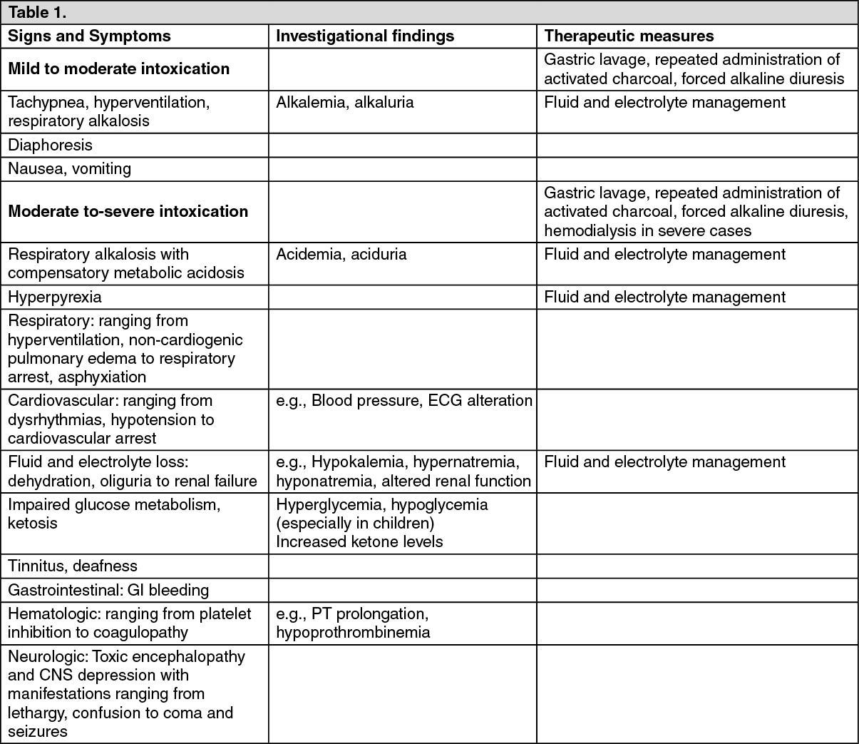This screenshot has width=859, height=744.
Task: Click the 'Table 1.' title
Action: [x=37, y=13]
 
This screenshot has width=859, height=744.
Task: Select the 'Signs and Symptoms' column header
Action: [x=90, y=36]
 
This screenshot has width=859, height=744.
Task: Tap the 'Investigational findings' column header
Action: [x=365, y=36]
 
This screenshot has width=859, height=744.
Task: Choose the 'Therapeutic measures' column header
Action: [x=629, y=36]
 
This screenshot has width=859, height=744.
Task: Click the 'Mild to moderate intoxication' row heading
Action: [x=119, y=69]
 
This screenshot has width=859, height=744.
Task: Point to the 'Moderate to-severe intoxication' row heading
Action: [x=128, y=212]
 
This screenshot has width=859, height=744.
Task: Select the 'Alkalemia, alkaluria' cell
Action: [x=345, y=103]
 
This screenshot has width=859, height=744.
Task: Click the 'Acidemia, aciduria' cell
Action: [x=341, y=255]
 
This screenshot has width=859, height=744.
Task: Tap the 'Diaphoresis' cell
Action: [x=51, y=146]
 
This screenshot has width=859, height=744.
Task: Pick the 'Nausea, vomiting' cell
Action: [x=70, y=169]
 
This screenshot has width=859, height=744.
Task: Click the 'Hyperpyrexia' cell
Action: [x=55, y=297]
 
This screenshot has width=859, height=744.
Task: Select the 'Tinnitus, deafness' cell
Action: [x=73, y=566]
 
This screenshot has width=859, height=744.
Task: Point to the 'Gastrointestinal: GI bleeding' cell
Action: [x=108, y=591]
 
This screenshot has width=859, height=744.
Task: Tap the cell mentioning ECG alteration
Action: [x=404, y=401]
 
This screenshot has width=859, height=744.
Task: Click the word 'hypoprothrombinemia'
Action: [x=353, y=633]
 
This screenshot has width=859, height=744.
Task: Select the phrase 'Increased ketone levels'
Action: [x=359, y=542]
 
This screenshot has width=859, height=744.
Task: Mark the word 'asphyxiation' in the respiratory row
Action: [x=102, y=377]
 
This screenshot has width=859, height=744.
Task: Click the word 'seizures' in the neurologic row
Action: [x=38, y=732]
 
